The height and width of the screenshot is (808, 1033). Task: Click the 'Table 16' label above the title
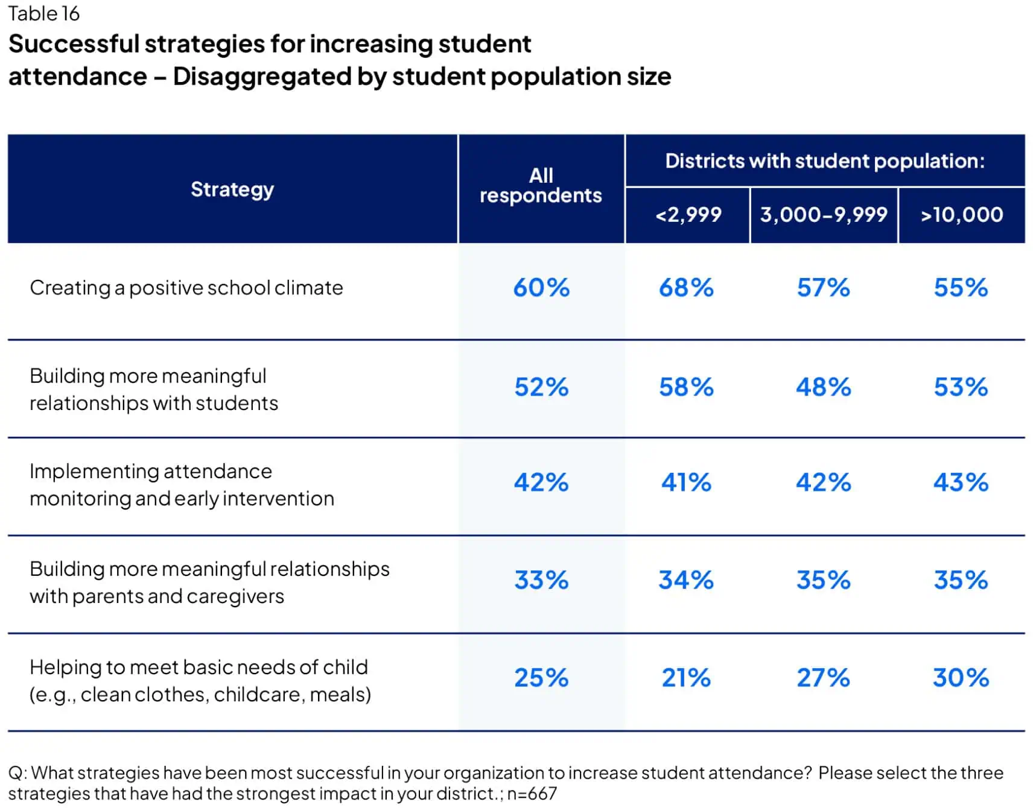(x=43, y=13)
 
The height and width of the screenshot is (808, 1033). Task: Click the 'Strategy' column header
(x=232, y=189)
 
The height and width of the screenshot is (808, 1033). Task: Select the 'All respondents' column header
(x=541, y=185)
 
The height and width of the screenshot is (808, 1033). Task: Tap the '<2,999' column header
(x=688, y=215)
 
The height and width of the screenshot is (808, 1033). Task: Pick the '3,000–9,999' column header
(x=824, y=215)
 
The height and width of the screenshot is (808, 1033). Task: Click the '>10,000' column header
(x=961, y=215)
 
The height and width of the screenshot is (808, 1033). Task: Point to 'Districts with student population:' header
(x=824, y=161)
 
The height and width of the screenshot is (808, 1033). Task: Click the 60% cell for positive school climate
(x=541, y=288)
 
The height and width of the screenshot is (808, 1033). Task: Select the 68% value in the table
(x=686, y=288)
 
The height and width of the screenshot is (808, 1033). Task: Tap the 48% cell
(x=823, y=387)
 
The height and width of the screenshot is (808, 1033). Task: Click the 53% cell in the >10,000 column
(x=961, y=387)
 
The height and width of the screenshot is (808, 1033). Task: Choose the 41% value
(x=686, y=482)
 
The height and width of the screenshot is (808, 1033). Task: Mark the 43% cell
(x=961, y=482)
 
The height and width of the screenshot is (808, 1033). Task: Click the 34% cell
(x=686, y=580)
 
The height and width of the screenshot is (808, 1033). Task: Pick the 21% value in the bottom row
(x=686, y=678)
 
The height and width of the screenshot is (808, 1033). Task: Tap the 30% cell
(x=961, y=678)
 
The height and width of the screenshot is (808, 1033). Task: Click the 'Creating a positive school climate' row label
(x=186, y=288)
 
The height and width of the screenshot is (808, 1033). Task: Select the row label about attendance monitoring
(x=181, y=485)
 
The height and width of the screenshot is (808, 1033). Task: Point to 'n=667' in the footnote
(x=532, y=794)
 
